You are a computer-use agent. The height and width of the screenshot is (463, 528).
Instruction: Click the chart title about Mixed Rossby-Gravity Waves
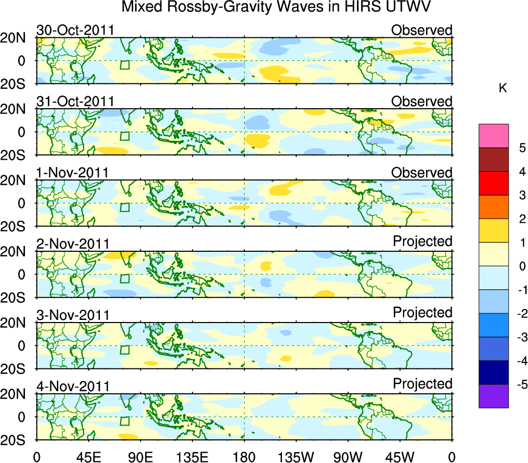click(277, 7)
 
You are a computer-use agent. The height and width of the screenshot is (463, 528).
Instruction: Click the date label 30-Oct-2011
click(75, 30)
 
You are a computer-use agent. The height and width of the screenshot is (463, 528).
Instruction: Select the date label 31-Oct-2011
click(75, 101)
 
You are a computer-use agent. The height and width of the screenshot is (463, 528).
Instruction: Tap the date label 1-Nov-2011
click(72, 173)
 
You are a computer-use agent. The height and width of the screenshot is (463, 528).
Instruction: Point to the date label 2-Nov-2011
click(72, 244)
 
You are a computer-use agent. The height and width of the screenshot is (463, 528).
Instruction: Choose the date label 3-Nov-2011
click(72, 315)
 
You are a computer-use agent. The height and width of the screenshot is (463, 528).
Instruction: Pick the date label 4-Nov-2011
click(72, 387)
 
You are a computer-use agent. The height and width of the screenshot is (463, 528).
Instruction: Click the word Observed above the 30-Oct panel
click(422, 30)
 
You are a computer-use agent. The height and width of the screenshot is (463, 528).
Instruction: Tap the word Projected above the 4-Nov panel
click(422, 384)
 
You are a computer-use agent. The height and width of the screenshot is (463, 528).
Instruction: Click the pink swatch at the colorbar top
click(494, 136)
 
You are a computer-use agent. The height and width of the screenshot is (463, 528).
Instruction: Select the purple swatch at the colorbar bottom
click(494, 396)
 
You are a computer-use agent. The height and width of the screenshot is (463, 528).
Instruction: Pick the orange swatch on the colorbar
click(494, 207)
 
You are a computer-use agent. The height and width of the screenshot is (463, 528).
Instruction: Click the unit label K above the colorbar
click(503, 89)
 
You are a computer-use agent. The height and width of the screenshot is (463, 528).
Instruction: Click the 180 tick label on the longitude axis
click(244, 457)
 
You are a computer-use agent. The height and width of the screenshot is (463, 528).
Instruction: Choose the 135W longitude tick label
click(297, 457)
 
